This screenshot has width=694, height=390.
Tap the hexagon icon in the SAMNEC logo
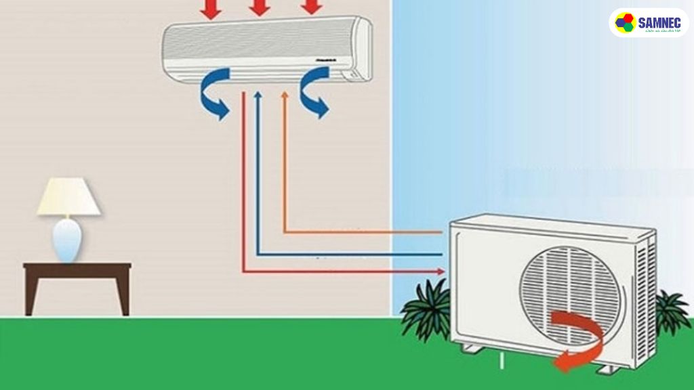coord(624,23)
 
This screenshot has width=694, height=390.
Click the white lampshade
coord(68,198)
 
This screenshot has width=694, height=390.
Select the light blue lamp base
coord(67,240)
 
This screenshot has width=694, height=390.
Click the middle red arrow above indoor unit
coord(260,7)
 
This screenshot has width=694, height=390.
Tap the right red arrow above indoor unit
coord(310,7)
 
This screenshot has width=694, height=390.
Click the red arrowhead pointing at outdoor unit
coord(442,272)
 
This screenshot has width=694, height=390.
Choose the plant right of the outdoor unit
coord(670,313)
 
